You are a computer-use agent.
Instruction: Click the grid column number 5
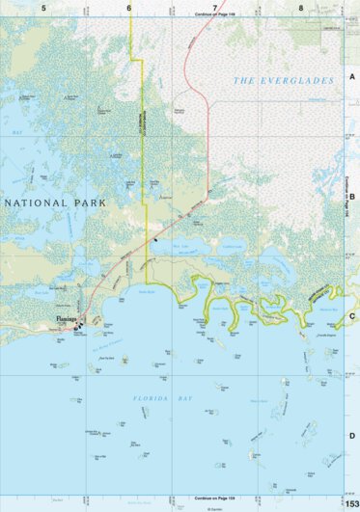[x=43, y=8]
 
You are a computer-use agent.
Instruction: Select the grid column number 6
[x=128, y=8]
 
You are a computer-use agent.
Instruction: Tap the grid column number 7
[x=214, y=8]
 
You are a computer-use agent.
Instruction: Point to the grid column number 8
[x=300, y=8]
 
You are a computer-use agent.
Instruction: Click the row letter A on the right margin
[x=352, y=78]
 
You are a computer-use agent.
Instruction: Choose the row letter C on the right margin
[x=352, y=316]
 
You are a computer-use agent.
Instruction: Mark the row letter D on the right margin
[x=352, y=436]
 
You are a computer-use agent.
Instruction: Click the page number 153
[x=351, y=503]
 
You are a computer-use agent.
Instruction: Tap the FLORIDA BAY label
[x=161, y=397]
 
